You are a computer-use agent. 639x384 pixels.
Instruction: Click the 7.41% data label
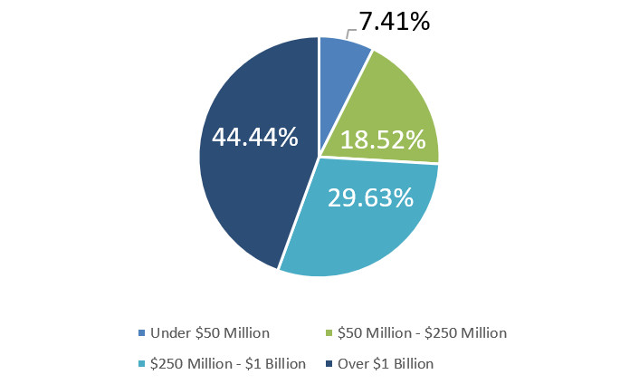394,20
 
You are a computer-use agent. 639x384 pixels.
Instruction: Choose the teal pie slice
362,226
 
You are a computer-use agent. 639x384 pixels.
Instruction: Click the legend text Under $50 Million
210,332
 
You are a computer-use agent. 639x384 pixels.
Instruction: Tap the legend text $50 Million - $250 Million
421,332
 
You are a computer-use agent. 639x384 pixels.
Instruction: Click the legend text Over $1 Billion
386,364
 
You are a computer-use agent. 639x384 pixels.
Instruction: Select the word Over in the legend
352,364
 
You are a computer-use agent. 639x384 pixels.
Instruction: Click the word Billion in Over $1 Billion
410,364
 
